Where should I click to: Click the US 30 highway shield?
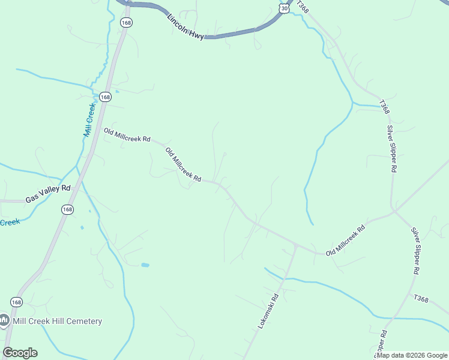point(284,7)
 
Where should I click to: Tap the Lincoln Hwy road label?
point(186,26)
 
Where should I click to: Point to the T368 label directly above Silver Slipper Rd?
point(384,107)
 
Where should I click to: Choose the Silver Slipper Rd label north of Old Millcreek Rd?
point(391,149)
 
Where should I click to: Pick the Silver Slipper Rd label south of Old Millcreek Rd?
point(415,251)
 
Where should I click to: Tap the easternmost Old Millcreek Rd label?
point(345,241)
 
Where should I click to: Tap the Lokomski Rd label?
point(269,310)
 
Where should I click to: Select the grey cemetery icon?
point(4,321)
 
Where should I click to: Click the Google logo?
point(20,353)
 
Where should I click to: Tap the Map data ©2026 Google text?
point(411,355)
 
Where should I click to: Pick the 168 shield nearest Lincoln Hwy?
point(125,22)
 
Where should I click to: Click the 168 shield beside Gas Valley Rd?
point(67,209)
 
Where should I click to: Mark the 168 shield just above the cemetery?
point(17,301)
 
